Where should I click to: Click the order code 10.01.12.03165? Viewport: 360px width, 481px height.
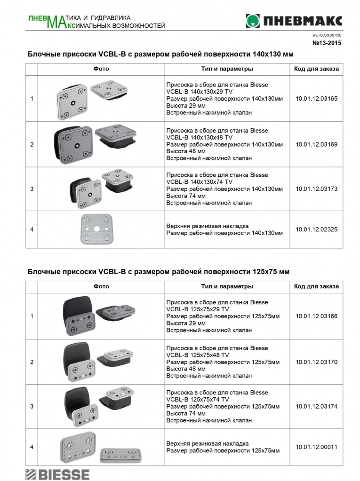click(317, 99)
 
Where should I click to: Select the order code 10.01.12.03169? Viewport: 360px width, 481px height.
click(317, 144)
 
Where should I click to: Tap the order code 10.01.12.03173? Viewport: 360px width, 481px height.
click(317, 189)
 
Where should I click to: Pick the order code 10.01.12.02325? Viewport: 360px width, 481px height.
click(317, 229)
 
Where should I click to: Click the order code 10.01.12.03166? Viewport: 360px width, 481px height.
click(317, 316)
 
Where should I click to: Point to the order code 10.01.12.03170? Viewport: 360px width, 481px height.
click(317, 363)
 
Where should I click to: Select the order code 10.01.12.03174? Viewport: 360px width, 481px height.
click(317, 406)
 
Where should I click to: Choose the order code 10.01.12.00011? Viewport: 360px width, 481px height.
click(317, 447)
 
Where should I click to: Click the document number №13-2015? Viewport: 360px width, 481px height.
click(327, 43)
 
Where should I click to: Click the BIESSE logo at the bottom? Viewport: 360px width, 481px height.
click(57, 473)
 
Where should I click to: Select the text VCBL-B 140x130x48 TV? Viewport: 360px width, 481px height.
click(200, 137)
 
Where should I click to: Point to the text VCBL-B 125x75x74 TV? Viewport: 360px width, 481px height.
click(198, 399)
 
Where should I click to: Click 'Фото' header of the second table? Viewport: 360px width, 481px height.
click(101, 286)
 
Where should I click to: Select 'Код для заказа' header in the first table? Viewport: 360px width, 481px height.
click(316, 69)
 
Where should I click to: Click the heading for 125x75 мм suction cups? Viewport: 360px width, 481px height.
click(159, 272)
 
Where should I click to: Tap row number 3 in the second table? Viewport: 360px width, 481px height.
click(32, 406)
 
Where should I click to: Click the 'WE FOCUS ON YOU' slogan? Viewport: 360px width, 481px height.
click(327, 35)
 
